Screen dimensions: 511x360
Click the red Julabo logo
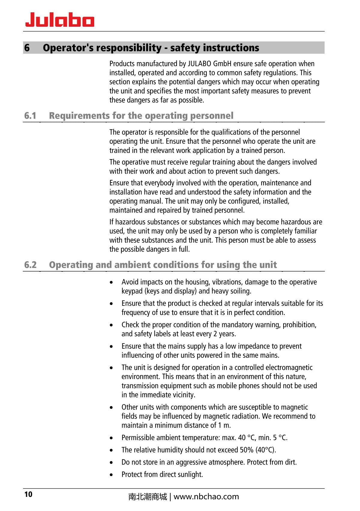click(x=60, y=20)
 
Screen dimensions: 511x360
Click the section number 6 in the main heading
click(x=27, y=48)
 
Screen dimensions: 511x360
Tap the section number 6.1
click(x=30, y=116)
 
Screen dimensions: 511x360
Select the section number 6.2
click(x=30, y=265)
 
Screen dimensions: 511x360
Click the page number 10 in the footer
click(x=28, y=494)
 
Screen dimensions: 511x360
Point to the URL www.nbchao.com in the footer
click(x=206, y=497)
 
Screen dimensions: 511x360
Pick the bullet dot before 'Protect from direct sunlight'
click(x=112, y=475)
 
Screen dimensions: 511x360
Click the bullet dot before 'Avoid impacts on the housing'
click(x=112, y=283)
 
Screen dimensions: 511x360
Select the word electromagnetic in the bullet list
click(x=289, y=368)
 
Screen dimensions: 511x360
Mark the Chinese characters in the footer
click(x=147, y=497)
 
